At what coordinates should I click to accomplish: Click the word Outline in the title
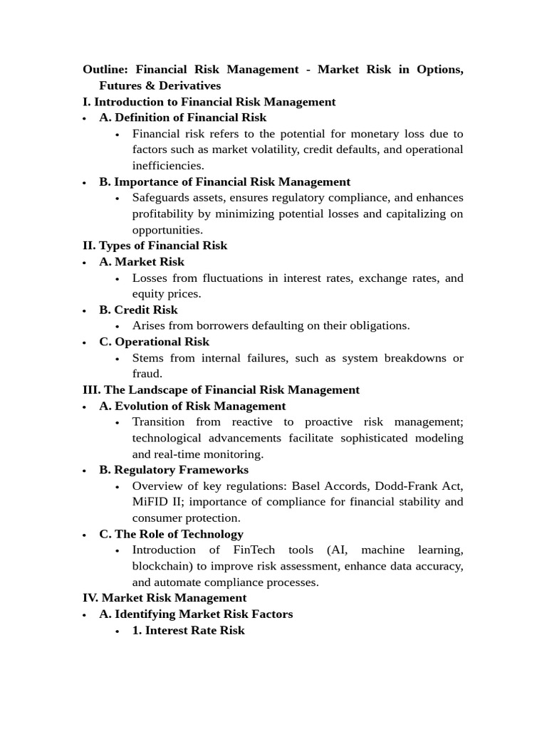pos(105,70)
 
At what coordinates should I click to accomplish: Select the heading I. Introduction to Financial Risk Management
pos(209,102)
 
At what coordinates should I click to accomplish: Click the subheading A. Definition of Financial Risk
pos(183,117)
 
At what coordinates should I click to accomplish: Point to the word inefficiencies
pos(167,165)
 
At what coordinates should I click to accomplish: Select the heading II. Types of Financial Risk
pos(155,246)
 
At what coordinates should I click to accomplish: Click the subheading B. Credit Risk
pos(138,310)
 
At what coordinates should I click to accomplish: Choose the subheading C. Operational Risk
pos(154,342)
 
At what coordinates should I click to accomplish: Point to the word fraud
pos(147,374)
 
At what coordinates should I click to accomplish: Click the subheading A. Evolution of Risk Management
pos(192,406)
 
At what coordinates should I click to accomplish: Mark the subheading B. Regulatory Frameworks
pos(174,470)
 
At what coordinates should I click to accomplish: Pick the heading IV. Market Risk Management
pos(165,598)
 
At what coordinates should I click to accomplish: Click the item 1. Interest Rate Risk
pos(188,630)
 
